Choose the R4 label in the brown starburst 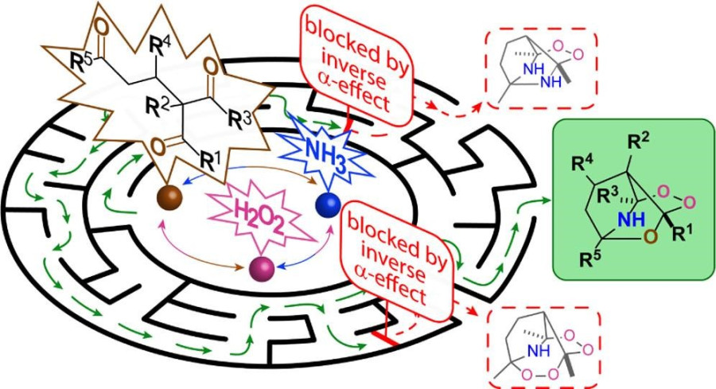point(162,52)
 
